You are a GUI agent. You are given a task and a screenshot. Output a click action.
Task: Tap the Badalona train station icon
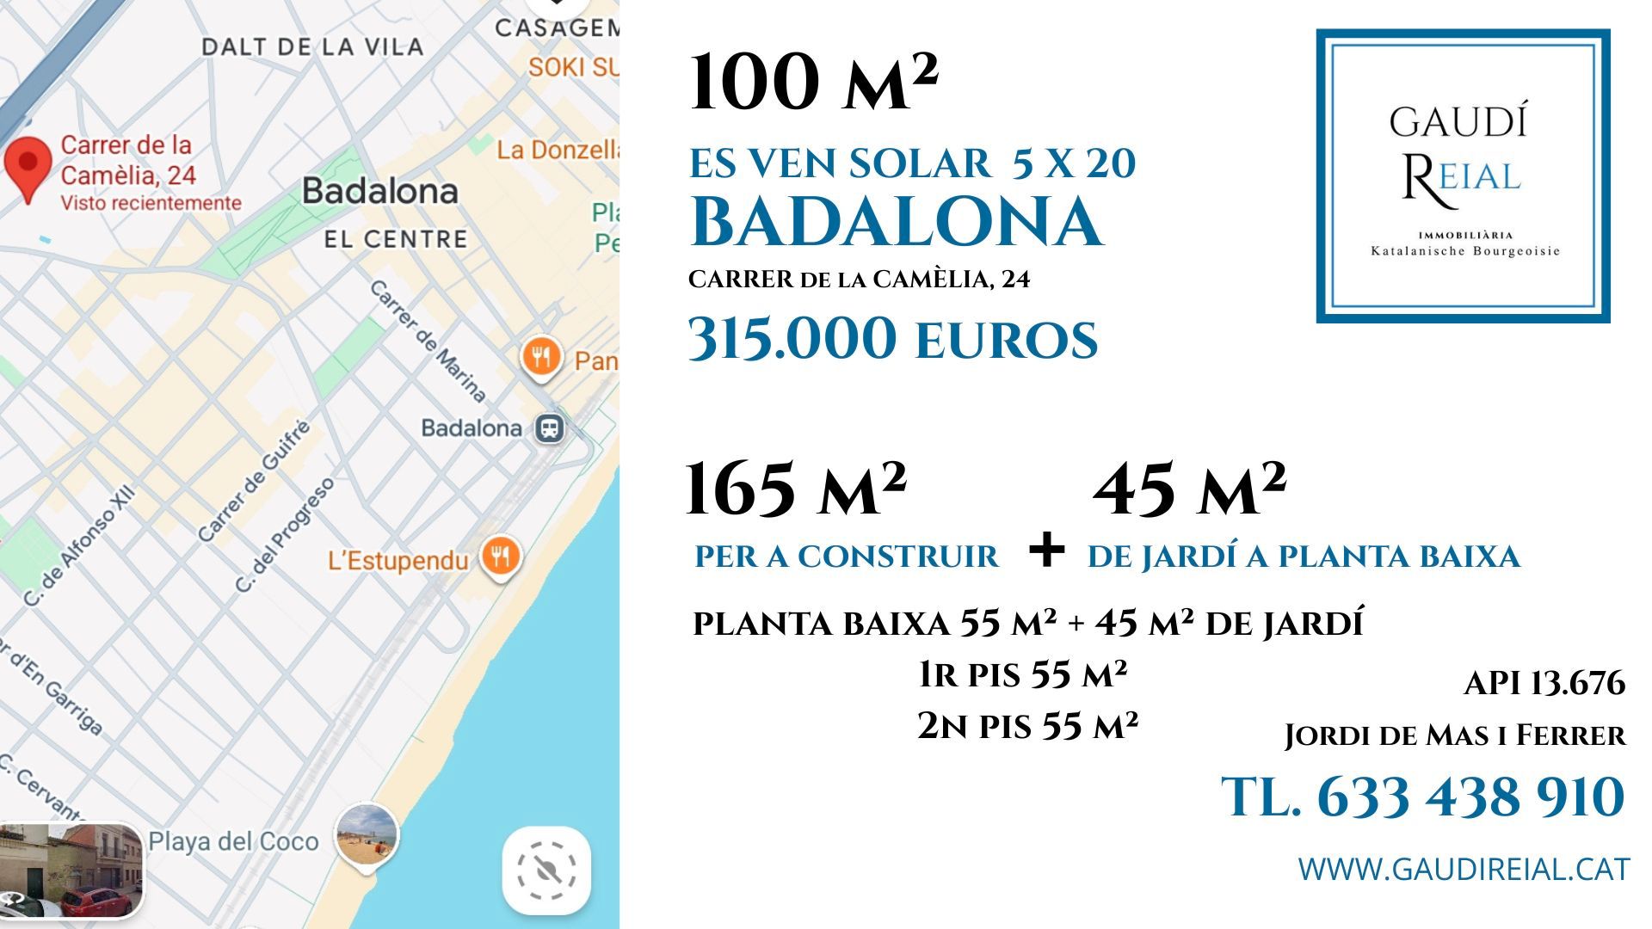click(549, 428)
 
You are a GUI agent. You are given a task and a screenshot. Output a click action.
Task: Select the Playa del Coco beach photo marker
click(367, 834)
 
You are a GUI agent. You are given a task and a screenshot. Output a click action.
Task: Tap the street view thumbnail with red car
click(71, 871)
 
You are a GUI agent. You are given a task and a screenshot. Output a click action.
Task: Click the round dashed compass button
click(546, 871)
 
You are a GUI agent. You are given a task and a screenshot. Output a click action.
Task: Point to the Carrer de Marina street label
click(428, 341)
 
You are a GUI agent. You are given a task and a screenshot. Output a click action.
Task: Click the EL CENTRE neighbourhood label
click(396, 238)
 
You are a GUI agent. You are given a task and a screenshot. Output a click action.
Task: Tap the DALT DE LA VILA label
click(312, 46)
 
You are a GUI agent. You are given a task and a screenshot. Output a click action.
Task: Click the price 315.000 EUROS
click(893, 339)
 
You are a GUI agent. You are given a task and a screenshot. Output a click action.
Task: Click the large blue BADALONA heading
click(896, 222)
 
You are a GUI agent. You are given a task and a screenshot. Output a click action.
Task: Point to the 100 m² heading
click(813, 82)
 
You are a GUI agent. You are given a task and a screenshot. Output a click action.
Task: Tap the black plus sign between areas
click(1046, 550)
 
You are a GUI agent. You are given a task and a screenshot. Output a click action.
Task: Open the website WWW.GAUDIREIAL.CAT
click(1463, 869)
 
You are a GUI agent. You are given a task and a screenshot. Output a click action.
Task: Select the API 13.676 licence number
click(1544, 684)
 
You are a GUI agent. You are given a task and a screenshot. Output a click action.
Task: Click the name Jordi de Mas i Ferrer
click(1455, 735)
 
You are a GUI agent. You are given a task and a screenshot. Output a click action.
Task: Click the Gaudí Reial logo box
click(1463, 176)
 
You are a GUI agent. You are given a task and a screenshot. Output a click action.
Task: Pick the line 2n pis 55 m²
click(1027, 726)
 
